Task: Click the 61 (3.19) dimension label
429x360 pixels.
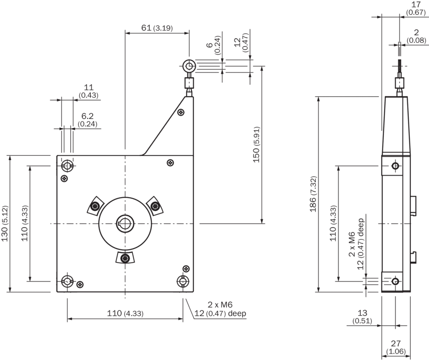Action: pos(157,28)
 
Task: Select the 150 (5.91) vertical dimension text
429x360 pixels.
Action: pos(256,145)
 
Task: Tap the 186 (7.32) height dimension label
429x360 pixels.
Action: pos(313,194)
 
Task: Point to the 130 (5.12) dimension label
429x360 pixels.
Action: pos(5,223)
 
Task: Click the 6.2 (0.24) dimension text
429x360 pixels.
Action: pos(88,120)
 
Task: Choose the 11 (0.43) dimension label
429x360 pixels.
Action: pos(89,91)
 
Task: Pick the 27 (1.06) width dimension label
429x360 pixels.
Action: pos(396,347)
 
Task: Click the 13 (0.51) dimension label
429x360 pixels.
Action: pos(362,317)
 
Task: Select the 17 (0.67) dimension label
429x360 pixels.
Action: pos(416,8)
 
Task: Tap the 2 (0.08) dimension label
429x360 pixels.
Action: pos(416,37)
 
